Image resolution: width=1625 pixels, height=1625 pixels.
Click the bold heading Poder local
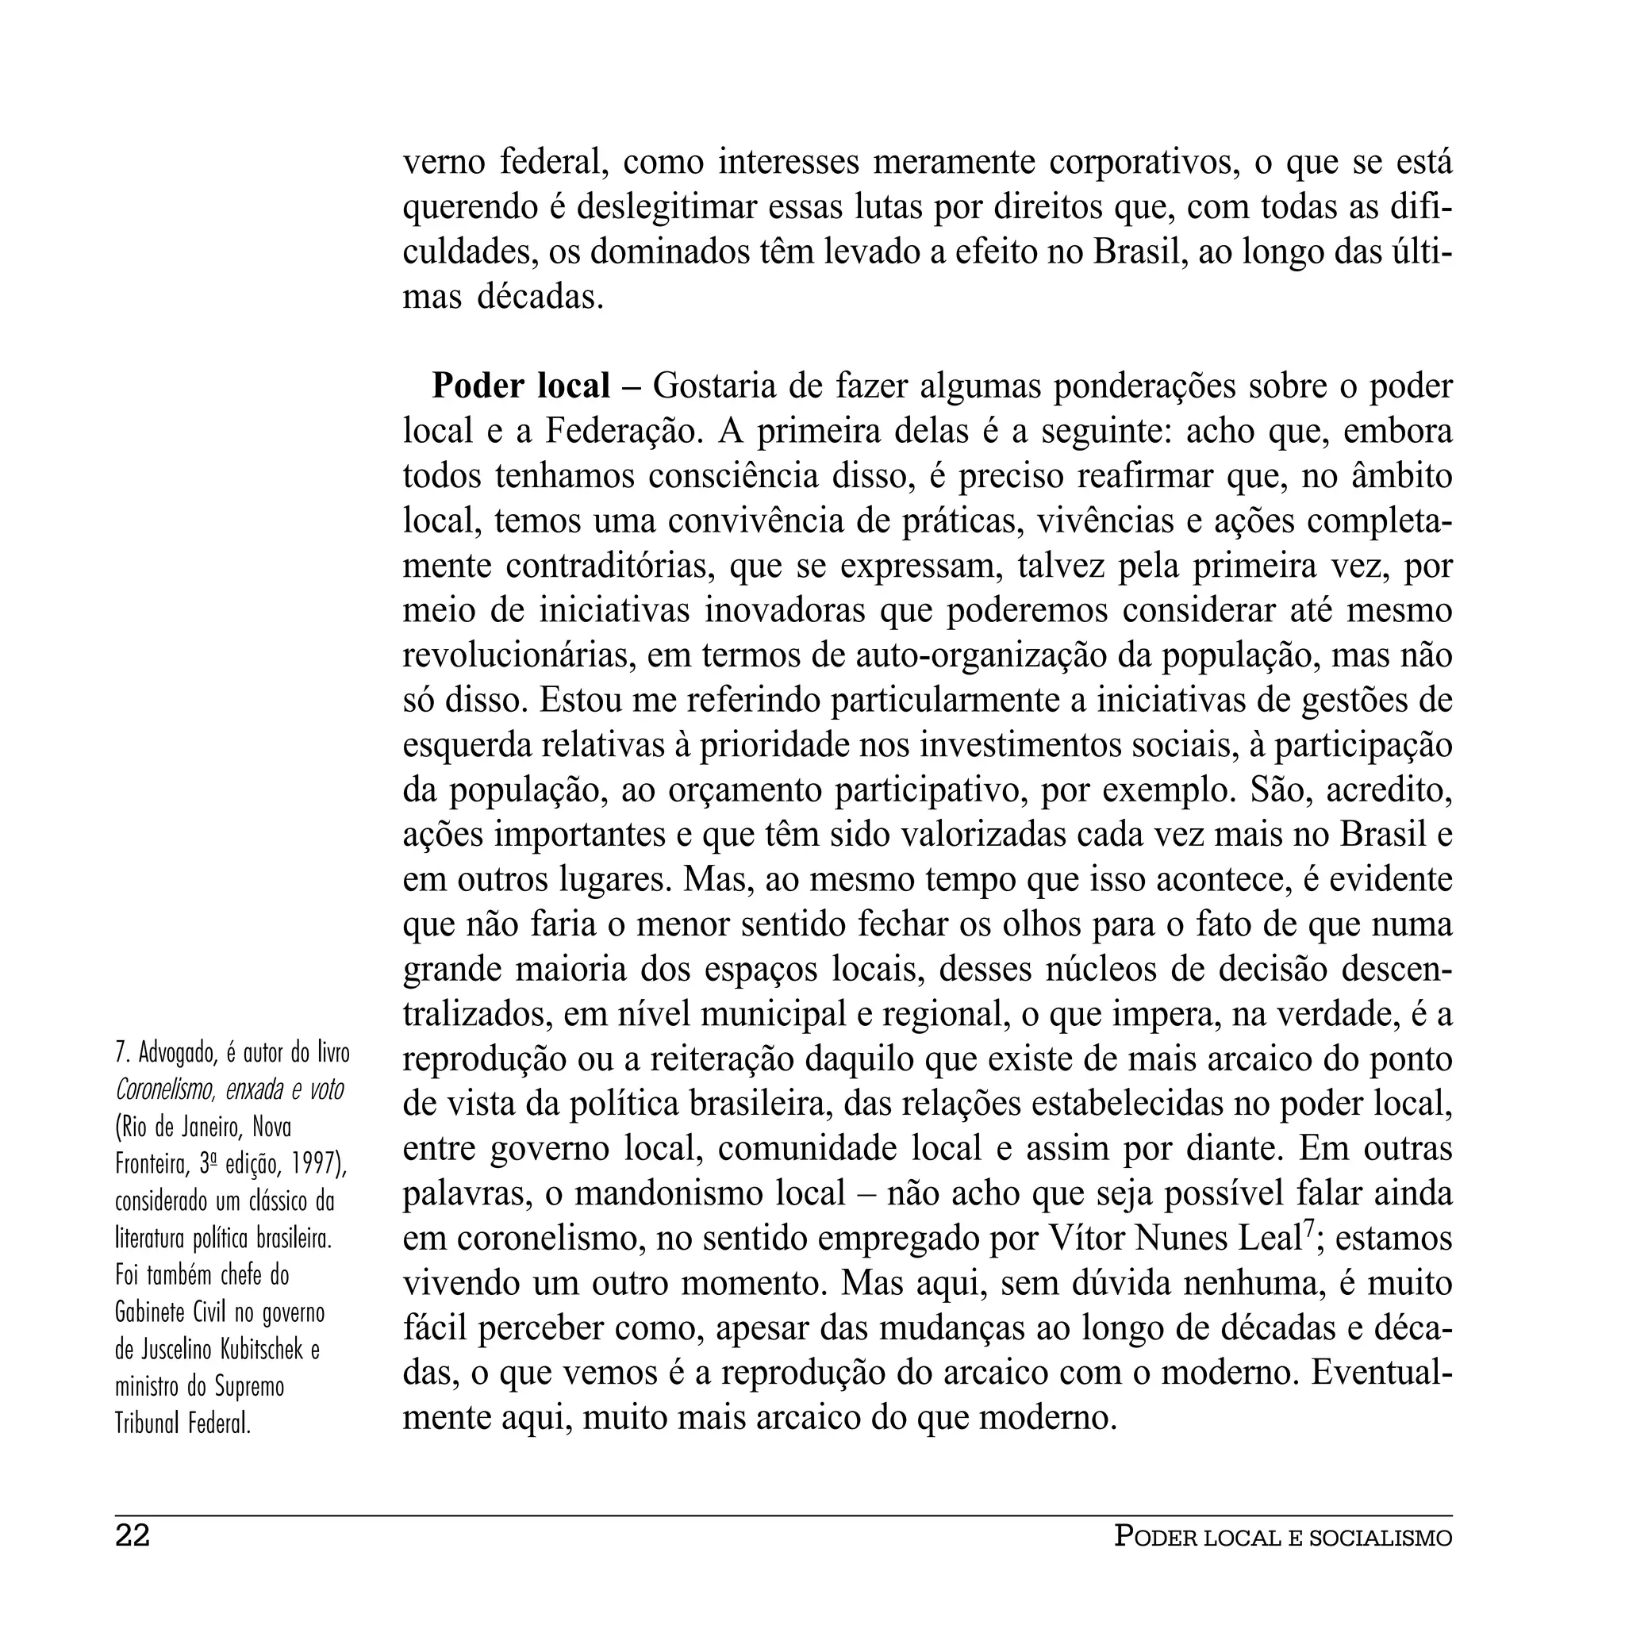click(521, 386)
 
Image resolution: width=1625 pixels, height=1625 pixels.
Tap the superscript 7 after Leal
click(1308, 1229)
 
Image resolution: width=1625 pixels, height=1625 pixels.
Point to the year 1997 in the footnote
click(313, 1165)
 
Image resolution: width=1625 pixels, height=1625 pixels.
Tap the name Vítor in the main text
click(1088, 1238)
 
